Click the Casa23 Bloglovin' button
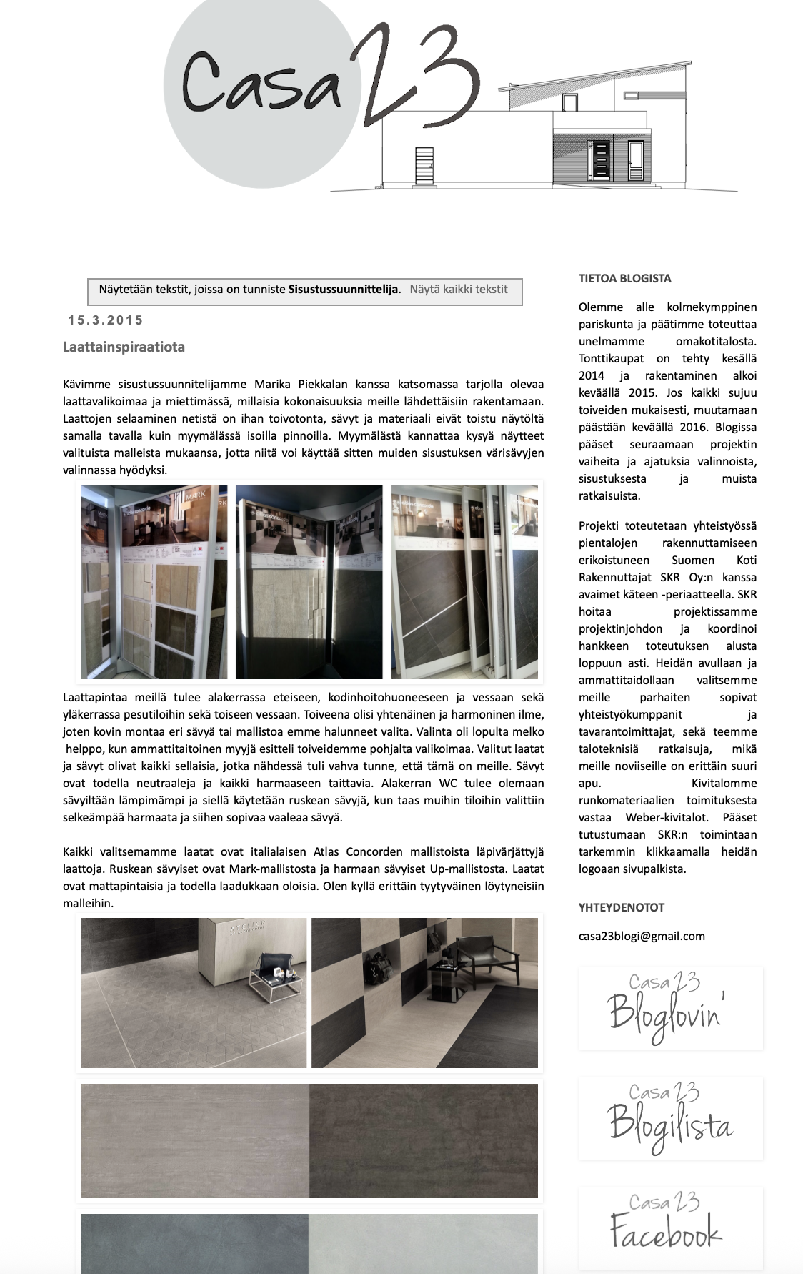(x=670, y=1008)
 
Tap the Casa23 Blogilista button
(x=670, y=1118)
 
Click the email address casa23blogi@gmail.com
(x=642, y=936)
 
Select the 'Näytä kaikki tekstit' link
(x=459, y=290)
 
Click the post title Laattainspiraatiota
(x=124, y=347)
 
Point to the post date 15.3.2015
(x=106, y=320)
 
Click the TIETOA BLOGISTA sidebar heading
(x=624, y=279)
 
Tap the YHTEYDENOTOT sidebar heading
(x=622, y=908)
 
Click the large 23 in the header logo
(x=414, y=79)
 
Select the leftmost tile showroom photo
(x=154, y=582)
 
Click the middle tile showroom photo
(x=309, y=582)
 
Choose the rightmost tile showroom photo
(x=464, y=582)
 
